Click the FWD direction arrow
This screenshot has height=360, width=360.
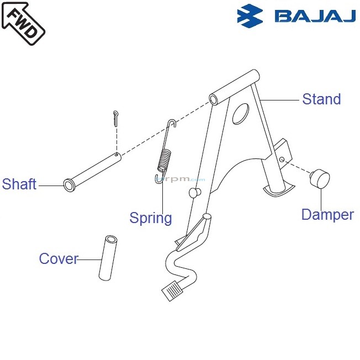(x=23, y=23)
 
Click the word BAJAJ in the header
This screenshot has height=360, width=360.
(x=315, y=16)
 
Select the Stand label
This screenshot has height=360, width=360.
(x=321, y=99)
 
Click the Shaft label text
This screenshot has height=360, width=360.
(x=19, y=184)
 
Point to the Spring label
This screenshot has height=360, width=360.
(x=151, y=218)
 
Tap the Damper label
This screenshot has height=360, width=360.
(x=327, y=215)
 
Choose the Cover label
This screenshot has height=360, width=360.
(x=59, y=258)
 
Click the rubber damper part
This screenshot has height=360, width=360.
(x=319, y=179)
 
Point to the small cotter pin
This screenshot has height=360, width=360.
(x=114, y=118)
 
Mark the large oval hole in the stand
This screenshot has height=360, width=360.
(x=241, y=113)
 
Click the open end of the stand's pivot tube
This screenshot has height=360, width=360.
(x=215, y=99)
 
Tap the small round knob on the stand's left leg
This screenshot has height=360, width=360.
(x=194, y=192)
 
